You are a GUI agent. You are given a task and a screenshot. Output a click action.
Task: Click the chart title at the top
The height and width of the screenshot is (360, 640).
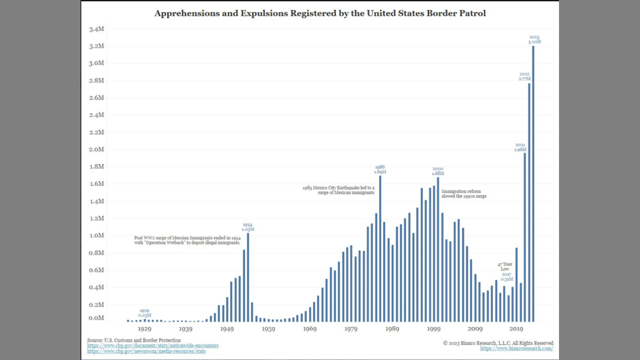coord(320,13)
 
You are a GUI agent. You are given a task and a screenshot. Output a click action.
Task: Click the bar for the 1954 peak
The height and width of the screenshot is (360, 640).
coord(248,277)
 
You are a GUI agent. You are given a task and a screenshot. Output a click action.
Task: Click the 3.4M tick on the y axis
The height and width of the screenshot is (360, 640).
coord(96,29)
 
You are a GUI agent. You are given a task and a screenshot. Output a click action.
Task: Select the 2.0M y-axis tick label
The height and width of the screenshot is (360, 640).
coord(96,149)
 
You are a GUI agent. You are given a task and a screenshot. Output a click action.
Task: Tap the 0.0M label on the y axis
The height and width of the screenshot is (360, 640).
coord(96,318)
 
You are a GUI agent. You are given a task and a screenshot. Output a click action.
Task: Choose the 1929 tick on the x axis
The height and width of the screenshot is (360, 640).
coord(144,328)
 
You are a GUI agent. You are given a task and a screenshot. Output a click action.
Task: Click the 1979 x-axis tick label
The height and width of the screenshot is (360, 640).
coord(351,328)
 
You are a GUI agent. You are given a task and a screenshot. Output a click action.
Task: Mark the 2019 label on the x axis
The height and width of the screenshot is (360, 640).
coord(516,328)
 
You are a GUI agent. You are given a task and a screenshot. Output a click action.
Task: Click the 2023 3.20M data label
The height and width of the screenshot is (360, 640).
coord(534,39)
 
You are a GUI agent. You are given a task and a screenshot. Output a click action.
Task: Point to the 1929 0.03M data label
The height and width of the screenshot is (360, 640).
coord(144,313)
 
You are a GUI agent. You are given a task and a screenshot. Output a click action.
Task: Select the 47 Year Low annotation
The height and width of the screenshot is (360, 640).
coord(505,266)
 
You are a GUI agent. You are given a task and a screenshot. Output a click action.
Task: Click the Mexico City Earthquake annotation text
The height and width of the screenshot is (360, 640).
coord(338,190)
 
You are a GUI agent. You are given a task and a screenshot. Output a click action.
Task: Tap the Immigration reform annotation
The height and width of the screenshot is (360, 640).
coord(463,194)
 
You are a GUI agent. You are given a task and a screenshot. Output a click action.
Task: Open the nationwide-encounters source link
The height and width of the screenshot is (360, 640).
coord(152,345)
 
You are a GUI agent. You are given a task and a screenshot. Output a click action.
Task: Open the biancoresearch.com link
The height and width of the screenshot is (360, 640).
coord(516,348)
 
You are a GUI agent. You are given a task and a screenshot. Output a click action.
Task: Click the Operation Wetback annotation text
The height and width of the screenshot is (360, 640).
coord(187,240)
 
